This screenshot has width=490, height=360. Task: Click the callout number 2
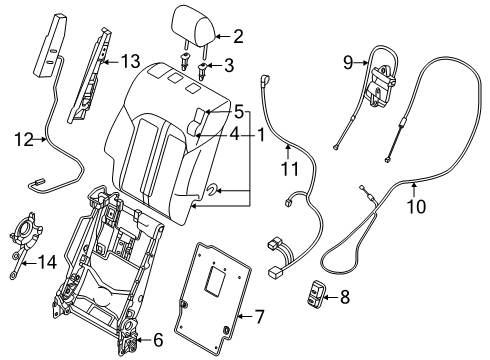pyautogui.click(x=238, y=36)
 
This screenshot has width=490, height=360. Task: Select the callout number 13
pyautogui.click(x=130, y=62)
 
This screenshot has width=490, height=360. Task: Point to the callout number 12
pyautogui.click(x=24, y=140)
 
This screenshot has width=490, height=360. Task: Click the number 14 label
pyautogui.click(x=47, y=262)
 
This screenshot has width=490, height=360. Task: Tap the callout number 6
pyautogui.click(x=158, y=340)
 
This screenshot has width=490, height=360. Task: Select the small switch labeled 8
pyautogui.click(x=316, y=293)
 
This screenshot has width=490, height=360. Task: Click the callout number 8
pyautogui.click(x=345, y=297)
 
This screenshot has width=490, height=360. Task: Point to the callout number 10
pyautogui.click(x=416, y=207)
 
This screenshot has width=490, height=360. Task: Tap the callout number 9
pyautogui.click(x=348, y=62)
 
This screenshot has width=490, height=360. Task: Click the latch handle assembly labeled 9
pyautogui.click(x=381, y=87)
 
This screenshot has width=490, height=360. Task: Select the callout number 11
pyautogui.click(x=290, y=169)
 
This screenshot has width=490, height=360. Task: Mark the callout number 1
pyautogui.click(x=260, y=135)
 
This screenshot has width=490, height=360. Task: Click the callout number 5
pyautogui.click(x=239, y=112)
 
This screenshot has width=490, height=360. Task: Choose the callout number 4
pyautogui.click(x=234, y=135)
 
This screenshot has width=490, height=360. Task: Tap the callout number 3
pyautogui.click(x=229, y=65)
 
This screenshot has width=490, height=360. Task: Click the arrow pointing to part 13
pyautogui.click(x=111, y=62)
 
